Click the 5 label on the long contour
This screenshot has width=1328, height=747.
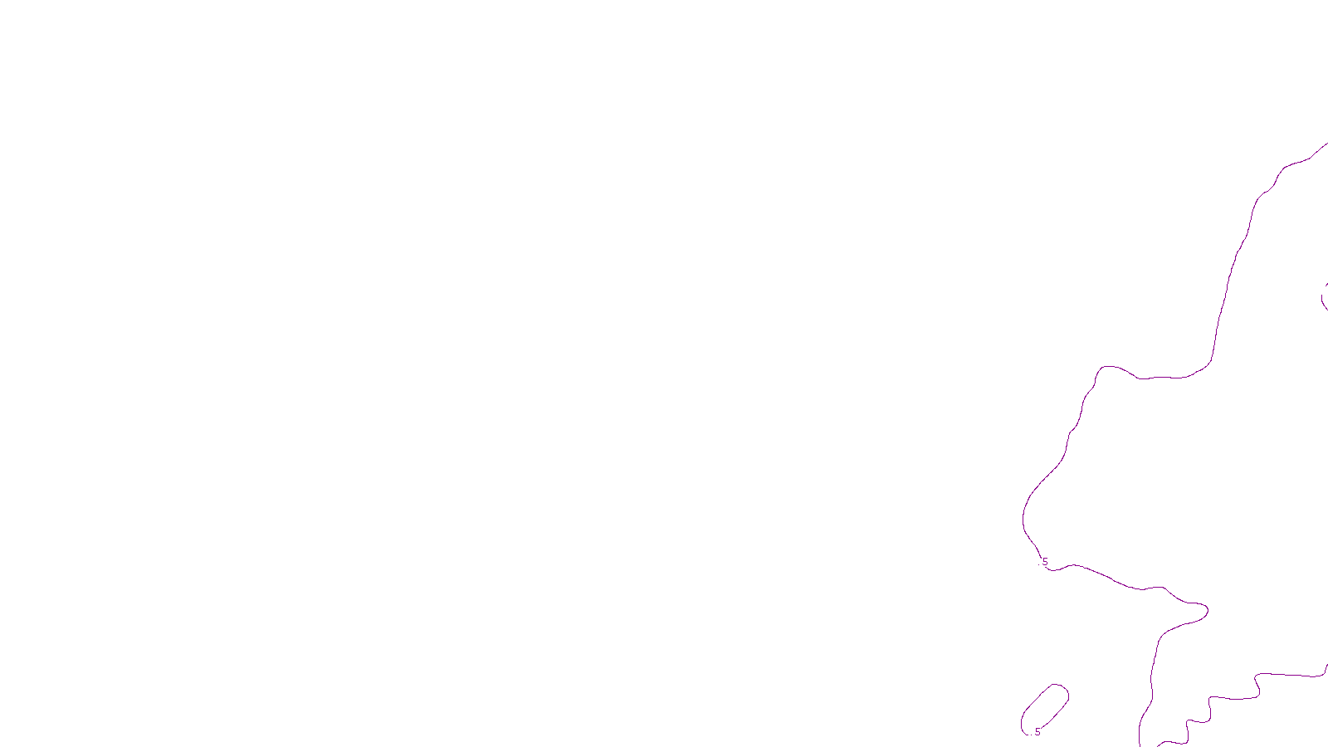(x=1045, y=562)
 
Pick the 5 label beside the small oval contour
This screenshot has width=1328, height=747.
(x=1037, y=731)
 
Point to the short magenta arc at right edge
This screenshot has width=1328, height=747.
(x=1324, y=296)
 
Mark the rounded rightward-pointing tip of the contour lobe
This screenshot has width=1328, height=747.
(x=1206, y=611)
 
